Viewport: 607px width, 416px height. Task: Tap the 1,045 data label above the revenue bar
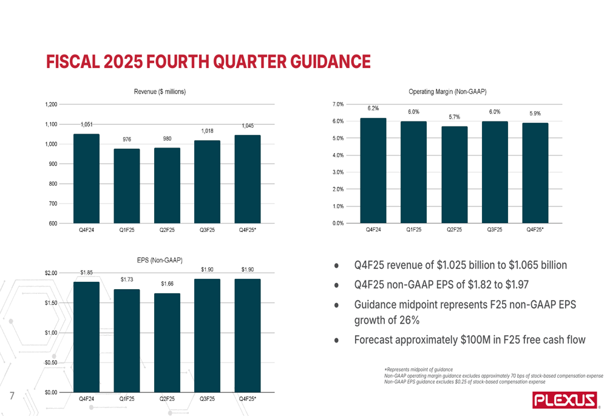(x=248, y=126)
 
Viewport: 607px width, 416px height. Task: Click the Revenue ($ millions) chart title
(x=160, y=91)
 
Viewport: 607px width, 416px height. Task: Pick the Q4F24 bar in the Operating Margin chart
(x=373, y=171)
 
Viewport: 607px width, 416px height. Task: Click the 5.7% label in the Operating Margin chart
(x=454, y=117)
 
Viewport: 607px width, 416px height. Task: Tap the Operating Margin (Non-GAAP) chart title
(x=447, y=91)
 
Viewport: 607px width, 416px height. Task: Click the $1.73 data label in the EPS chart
(x=126, y=279)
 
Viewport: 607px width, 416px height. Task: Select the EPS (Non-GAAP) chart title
(x=160, y=259)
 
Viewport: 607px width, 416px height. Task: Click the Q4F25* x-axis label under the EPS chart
(x=248, y=399)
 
